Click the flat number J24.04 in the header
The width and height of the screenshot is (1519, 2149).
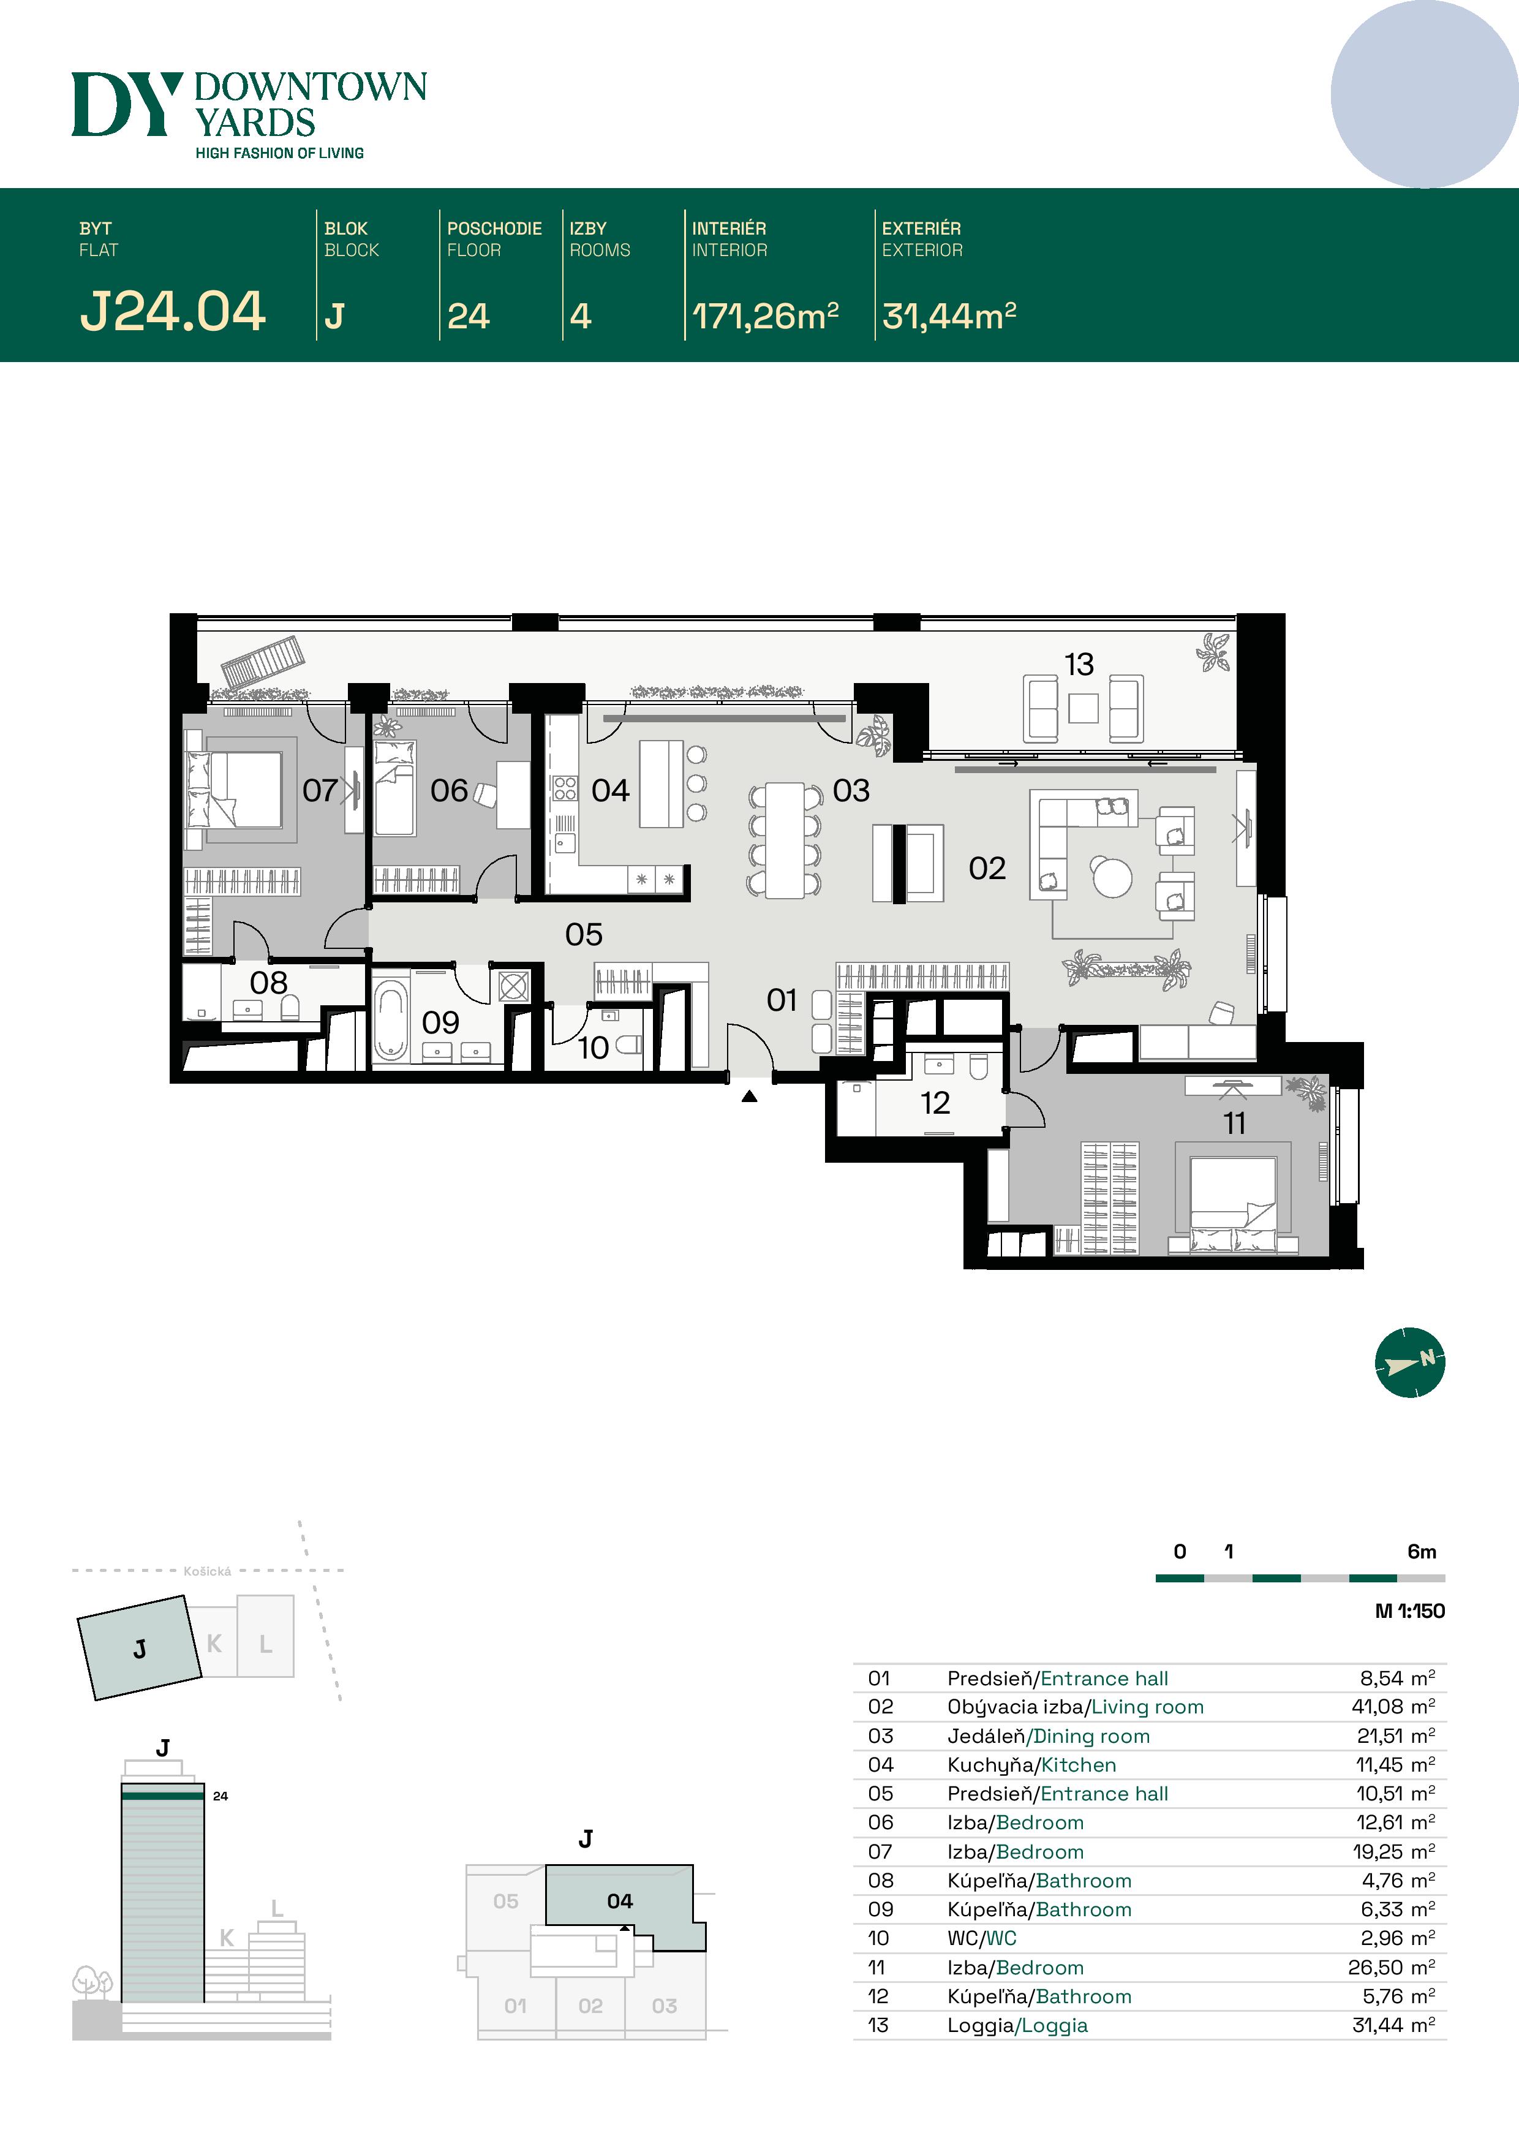173,312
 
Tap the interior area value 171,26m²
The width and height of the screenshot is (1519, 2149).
764,316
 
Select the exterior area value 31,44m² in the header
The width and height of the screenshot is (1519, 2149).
948,316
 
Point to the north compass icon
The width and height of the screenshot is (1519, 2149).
1409,1362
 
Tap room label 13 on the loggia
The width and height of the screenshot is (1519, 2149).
1078,665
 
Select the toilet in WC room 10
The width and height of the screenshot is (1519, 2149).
630,1044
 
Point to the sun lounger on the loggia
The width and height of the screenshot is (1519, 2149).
263,662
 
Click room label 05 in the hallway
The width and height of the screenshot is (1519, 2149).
583,934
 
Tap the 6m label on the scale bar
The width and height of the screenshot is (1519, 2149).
1421,1552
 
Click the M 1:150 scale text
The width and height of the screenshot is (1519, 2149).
1409,1611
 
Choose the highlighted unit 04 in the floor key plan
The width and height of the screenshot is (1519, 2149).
620,1901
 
